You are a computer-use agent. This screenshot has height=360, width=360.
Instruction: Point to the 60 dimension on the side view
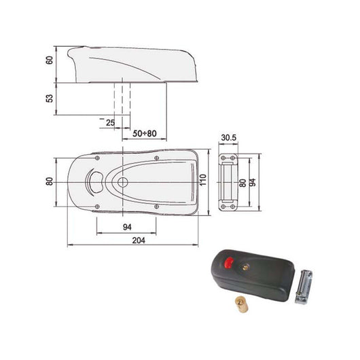(x=49, y=60)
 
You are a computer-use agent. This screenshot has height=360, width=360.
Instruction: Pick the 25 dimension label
(x=111, y=122)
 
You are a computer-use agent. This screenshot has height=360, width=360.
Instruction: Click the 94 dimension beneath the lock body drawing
(x=128, y=228)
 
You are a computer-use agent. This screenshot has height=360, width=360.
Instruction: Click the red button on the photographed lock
(x=228, y=262)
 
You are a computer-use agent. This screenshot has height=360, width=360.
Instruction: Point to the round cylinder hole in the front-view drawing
(x=122, y=183)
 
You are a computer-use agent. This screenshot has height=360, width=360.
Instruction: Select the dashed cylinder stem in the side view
(x=122, y=98)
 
